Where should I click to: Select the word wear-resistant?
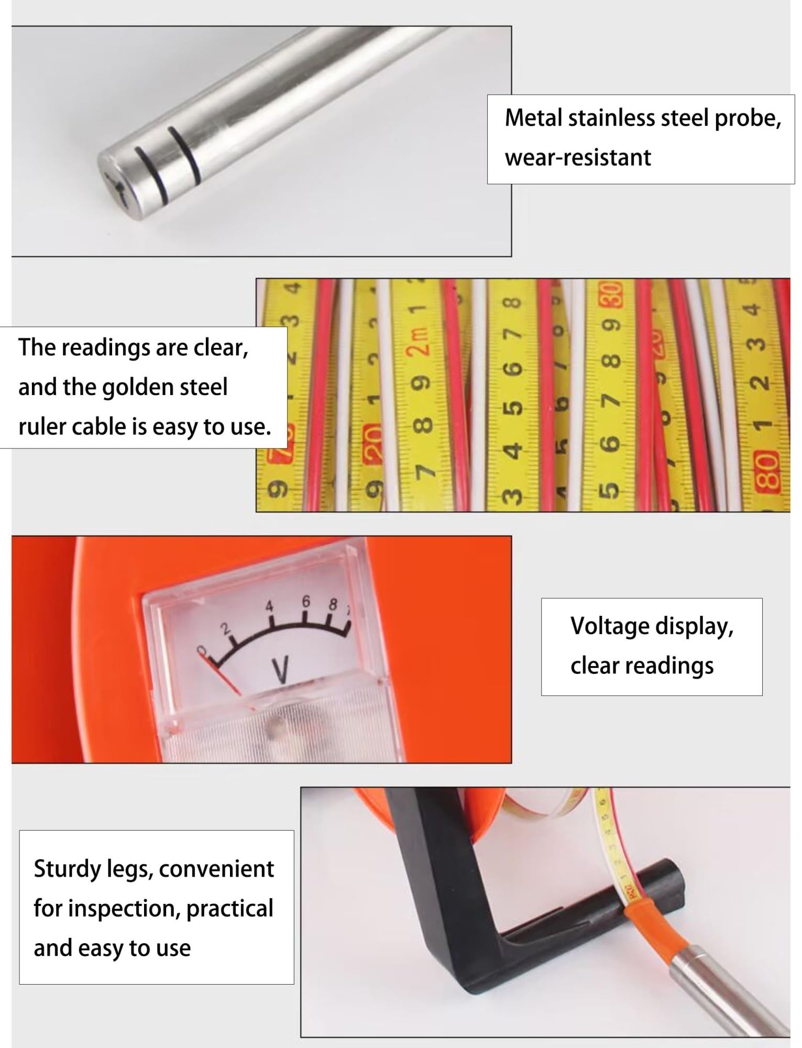(578, 157)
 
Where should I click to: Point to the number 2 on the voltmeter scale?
(226, 629)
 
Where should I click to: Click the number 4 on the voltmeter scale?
(269, 606)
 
